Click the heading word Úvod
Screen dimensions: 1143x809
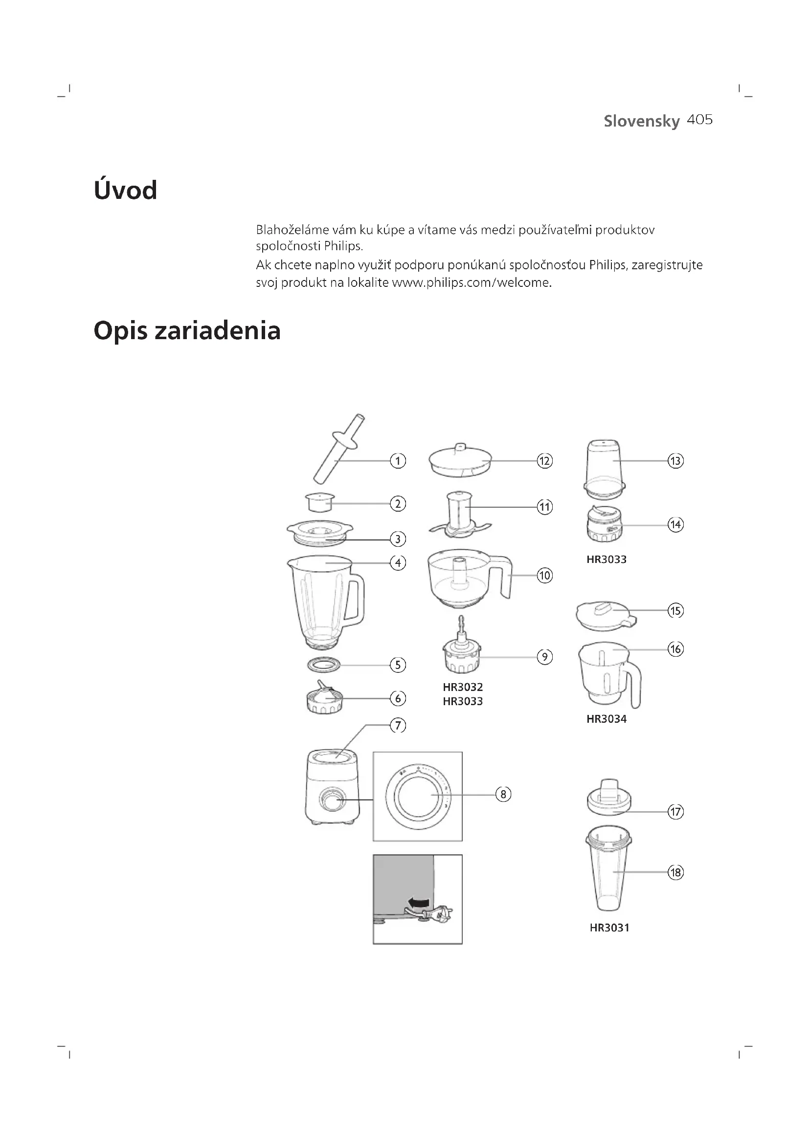126,190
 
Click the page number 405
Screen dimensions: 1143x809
699,120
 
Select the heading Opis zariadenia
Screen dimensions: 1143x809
187,330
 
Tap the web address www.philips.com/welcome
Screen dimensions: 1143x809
471,283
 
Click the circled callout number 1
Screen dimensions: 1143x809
398,461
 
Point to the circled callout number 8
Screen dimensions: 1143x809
503,794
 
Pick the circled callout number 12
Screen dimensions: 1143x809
544,461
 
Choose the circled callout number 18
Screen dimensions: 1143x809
675,872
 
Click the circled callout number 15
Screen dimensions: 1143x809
675,610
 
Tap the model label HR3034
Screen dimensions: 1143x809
606,719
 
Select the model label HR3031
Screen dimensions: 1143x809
609,927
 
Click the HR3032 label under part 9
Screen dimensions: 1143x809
463,687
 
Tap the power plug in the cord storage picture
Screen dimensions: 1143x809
440,914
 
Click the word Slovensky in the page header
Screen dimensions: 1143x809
641,121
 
